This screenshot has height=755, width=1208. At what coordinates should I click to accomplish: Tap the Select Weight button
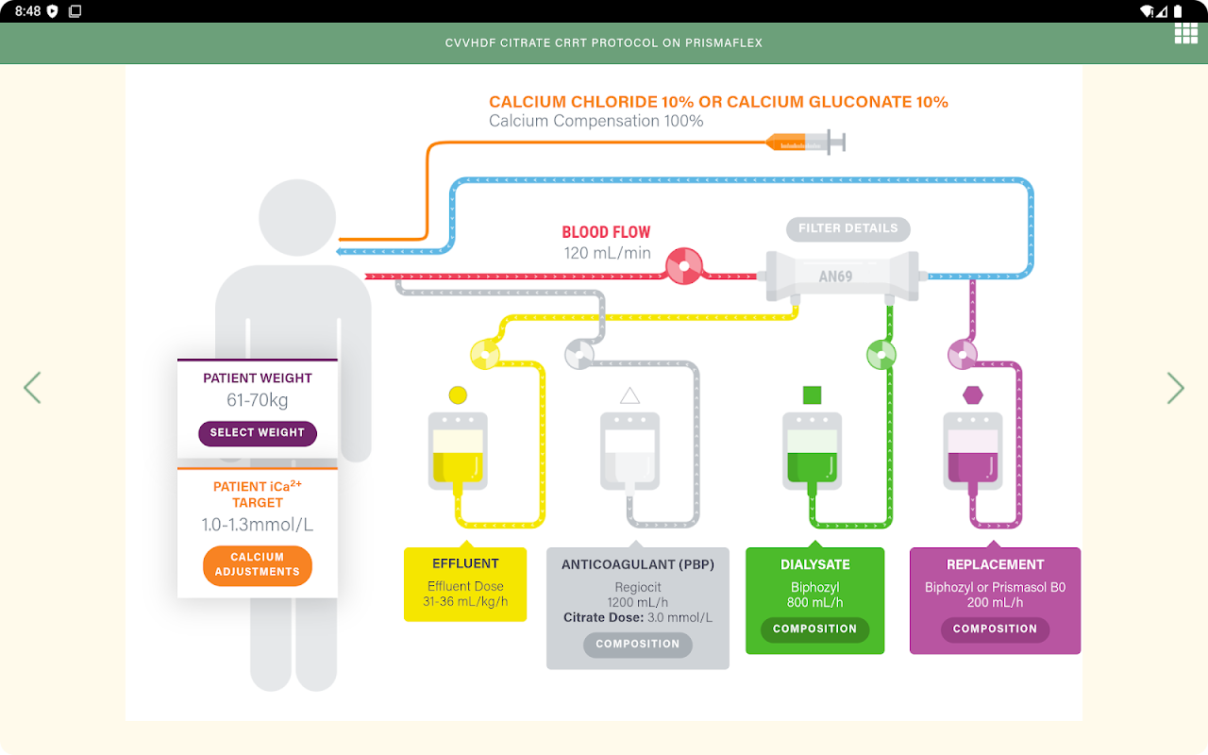[x=258, y=433]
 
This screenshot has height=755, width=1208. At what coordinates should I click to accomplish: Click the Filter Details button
[x=847, y=228]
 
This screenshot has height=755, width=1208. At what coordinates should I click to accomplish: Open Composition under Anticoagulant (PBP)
[x=637, y=645]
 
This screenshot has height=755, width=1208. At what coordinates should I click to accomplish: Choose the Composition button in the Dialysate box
[x=814, y=629]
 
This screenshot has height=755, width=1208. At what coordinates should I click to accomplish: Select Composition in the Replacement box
[x=995, y=629]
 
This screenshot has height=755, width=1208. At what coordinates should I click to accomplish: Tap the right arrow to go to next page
[x=1175, y=388]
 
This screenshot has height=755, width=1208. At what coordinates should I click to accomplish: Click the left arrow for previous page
[x=32, y=388]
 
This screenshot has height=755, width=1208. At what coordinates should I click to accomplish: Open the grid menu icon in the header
[x=1185, y=34]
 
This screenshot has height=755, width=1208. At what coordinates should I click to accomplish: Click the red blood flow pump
[x=684, y=266]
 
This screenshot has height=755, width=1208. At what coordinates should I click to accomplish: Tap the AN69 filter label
[x=835, y=277]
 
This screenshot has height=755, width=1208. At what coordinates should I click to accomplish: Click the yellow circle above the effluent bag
[x=458, y=394]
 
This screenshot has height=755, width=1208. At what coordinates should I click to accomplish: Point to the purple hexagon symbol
[x=972, y=394]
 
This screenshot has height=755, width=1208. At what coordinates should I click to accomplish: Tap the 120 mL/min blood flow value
[x=608, y=253]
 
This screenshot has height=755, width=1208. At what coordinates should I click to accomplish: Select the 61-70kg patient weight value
[x=258, y=400]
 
